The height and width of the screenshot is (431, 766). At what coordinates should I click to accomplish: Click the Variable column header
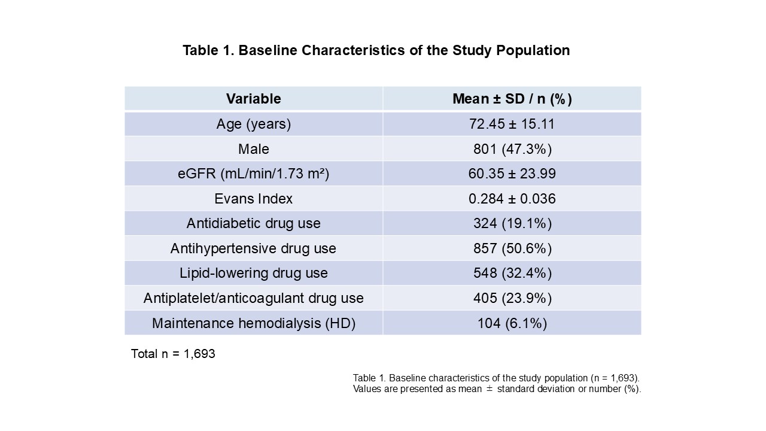point(253,99)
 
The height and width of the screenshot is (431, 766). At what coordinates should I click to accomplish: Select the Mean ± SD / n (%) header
point(512,99)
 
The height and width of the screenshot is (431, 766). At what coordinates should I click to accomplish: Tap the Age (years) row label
point(253,124)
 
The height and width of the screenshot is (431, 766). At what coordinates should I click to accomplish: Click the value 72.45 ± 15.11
point(512,124)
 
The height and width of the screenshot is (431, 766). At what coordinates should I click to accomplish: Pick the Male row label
point(253,149)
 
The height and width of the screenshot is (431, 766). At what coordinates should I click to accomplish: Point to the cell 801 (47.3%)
point(512,150)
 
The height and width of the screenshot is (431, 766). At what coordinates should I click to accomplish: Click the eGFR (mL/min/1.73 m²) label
point(253,174)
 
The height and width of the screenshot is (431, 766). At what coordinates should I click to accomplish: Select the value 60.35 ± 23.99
point(512,174)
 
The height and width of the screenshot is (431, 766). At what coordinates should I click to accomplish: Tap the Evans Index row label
point(253,199)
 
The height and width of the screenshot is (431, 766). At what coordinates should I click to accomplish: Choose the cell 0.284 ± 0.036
point(512,199)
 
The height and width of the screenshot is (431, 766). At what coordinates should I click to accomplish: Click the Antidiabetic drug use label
point(253,224)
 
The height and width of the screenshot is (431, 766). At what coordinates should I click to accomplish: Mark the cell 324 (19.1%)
point(512,224)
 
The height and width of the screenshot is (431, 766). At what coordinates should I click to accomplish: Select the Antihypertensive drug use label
point(253,248)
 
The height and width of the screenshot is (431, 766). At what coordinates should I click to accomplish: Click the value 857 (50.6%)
point(512,249)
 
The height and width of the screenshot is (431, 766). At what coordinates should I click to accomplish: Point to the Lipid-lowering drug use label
point(253,274)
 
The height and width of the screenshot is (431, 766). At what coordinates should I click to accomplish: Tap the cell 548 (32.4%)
point(512,274)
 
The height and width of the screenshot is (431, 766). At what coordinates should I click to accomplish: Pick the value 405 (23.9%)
point(512,299)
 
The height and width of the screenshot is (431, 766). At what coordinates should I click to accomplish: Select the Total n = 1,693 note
point(173,354)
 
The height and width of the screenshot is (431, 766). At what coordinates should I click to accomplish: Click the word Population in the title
point(533,50)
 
